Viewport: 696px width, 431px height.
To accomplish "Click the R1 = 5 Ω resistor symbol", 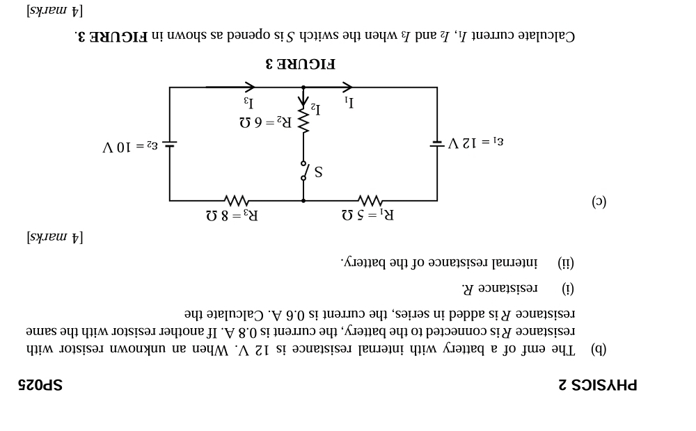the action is click(x=370, y=200).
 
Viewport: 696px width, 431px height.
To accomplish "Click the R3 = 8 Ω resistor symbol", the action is click(x=236, y=200).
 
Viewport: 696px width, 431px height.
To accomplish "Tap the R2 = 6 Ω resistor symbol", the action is click(x=303, y=120).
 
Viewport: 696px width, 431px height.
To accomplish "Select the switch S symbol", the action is click(x=304, y=171).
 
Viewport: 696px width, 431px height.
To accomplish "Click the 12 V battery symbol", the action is click(x=437, y=143).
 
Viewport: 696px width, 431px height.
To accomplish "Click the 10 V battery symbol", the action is click(x=170, y=143).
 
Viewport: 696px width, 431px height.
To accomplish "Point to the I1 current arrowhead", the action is click(x=347, y=87).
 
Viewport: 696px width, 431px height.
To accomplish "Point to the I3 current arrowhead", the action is click(x=249, y=87).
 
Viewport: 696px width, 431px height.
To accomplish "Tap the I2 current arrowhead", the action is click(x=303, y=101).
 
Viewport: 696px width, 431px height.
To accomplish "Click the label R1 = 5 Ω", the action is click(x=368, y=215).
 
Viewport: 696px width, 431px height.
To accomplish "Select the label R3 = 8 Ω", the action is click(x=232, y=215).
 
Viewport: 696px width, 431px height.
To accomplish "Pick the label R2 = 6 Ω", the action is click(x=266, y=122).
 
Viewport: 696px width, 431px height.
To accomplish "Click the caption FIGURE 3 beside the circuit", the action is click(x=301, y=64).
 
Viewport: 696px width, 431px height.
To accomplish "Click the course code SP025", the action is click(x=40, y=384).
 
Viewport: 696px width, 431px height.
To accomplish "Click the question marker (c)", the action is click(x=599, y=202).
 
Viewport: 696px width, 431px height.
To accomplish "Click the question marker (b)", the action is click(x=599, y=349).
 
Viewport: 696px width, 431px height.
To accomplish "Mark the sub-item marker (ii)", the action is click(x=566, y=263).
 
